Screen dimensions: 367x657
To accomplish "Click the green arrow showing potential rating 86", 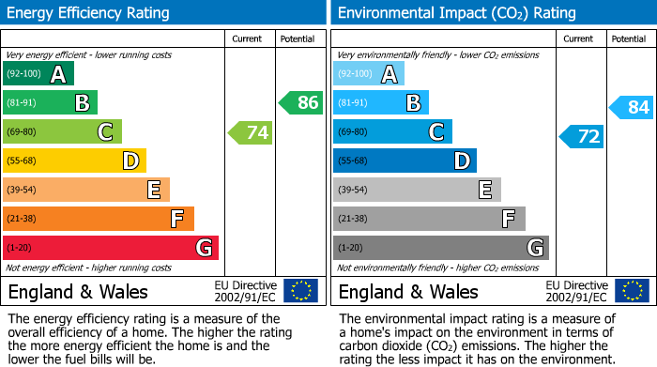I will click(301, 103).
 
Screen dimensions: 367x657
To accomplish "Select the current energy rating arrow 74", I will click(251, 132).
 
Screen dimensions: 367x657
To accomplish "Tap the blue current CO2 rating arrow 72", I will click(582, 137).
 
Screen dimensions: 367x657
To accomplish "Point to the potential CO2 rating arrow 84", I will click(632, 108).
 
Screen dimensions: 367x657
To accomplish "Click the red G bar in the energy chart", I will click(111, 248).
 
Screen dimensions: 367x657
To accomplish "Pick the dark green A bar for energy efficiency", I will click(38, 74).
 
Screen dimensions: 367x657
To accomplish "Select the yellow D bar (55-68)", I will click(74, 161).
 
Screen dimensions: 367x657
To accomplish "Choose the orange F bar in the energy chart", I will click(99, 219).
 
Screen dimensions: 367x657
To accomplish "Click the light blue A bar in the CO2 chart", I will click(369, 74).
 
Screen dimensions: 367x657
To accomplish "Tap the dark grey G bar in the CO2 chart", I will click(440, 248).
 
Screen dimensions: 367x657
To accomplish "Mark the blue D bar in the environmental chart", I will click(405, 161).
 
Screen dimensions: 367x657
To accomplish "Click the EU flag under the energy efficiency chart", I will click(300, 290).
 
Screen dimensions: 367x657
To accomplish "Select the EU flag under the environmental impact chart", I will click(632, 290).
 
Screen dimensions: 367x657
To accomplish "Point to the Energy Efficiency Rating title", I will click(88, 13).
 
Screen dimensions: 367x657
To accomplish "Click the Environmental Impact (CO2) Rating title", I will click(456, 13).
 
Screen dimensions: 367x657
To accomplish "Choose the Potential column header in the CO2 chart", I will click(628, 38).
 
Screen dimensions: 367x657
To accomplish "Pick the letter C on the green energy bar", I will click(106, 132).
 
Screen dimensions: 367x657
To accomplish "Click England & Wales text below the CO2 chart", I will click(407, 291).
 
